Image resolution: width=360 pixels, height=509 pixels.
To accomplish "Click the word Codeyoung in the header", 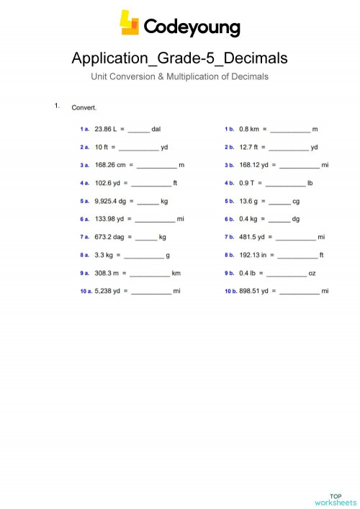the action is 192,27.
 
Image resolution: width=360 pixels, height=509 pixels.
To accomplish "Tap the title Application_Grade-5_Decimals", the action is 179,58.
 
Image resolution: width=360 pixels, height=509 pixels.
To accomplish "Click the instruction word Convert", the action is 84,108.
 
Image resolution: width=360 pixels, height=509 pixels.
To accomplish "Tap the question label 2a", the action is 84,148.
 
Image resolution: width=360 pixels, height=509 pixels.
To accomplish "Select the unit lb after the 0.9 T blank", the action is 310,183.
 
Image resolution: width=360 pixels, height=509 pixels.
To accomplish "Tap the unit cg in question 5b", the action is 296,201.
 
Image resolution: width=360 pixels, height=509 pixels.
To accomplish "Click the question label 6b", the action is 230,219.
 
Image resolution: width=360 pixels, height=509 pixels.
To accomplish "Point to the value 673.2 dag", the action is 109,236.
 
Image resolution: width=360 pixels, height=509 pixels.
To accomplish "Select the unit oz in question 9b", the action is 312,273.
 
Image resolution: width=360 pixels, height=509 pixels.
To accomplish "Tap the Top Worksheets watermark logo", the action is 336,498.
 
